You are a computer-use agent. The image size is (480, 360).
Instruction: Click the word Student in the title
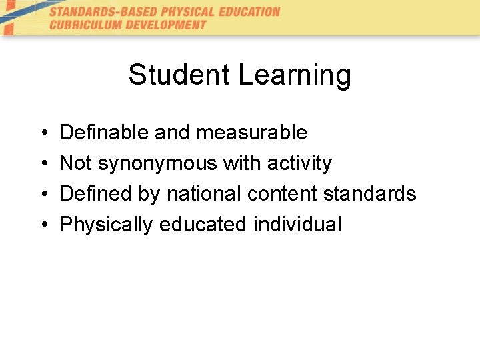(x=179, y=75)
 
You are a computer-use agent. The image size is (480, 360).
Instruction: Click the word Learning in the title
(x=294, y=76)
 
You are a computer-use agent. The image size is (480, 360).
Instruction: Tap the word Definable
(x=105, y=133)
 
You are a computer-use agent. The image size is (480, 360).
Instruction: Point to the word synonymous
(x=157, y=164)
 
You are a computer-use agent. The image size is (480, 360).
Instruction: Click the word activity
(x=299, y=164)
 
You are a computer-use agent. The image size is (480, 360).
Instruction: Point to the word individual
(x=297, y=225)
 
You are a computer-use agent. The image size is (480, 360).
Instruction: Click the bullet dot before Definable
(x=42, y=133)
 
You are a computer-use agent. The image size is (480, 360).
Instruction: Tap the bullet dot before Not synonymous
(x=42, y=164)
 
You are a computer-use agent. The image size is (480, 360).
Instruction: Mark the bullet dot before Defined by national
(x=42, y=195)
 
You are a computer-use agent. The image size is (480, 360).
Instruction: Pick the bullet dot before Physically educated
(x=42, y=225)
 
